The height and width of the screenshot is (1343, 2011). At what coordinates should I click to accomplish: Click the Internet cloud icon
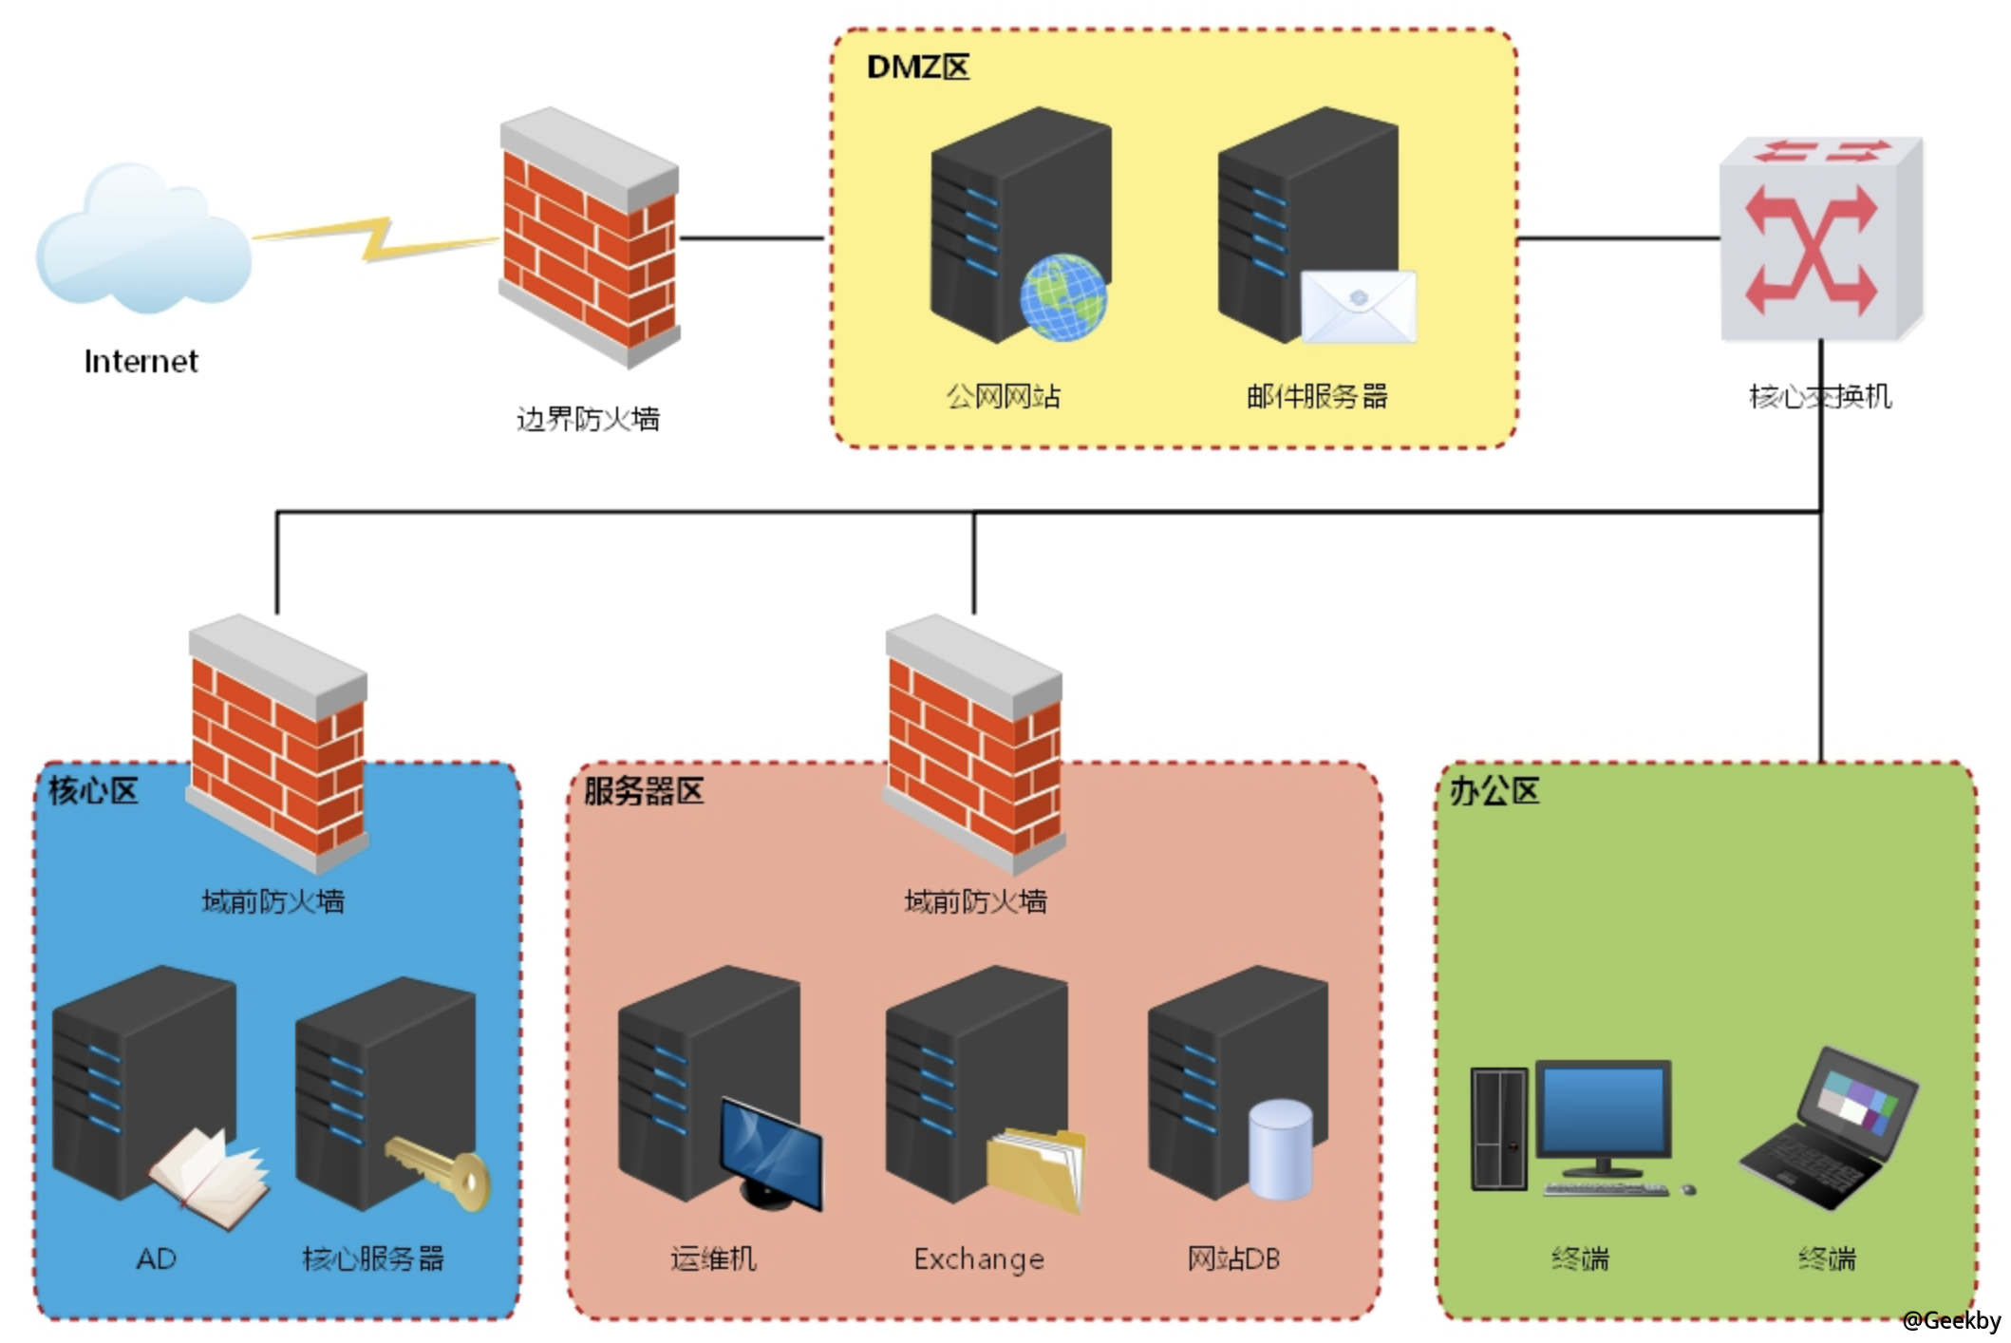point(142,242)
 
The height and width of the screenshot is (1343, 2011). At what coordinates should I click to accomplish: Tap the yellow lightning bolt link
point(375,239)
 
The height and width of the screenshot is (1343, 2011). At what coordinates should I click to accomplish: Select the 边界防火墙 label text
point(588,419)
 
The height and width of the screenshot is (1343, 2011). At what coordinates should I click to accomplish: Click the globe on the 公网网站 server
point(1063,296)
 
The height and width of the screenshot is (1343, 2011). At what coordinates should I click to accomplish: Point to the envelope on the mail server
point(1358,306)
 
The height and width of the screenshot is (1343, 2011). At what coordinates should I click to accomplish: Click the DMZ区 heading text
point(917,67)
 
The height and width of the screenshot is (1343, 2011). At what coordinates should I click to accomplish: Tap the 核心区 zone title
point(93,790)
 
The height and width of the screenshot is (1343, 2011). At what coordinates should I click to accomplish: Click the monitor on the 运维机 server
point(771,1154)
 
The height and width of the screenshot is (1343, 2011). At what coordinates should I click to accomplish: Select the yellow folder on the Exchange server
point(1035,1168)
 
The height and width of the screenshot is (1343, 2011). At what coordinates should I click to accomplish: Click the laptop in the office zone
point(1828,1130)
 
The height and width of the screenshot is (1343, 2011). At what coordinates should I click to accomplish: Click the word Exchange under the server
point(979,1259)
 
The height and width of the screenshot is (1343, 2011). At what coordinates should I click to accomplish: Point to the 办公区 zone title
point(1494,790)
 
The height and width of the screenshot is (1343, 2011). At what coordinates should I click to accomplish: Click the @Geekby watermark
point(1950,1320)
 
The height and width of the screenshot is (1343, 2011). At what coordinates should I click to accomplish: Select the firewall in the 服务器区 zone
point(974,746)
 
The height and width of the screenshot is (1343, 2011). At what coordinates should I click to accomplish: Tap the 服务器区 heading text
point(644,790)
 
